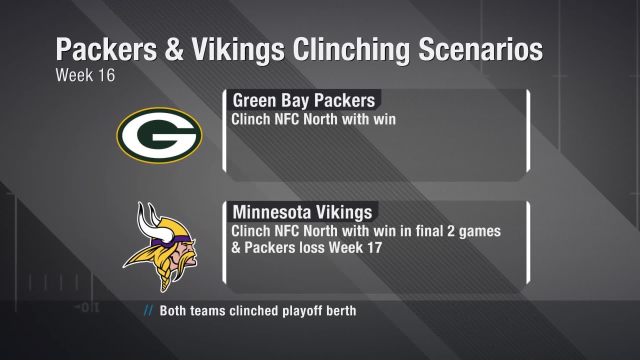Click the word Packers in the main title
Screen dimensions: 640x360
(x=106, y=49)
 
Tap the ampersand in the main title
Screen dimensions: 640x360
(x=174, y=49)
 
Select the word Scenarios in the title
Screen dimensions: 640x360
(x=480, y=49)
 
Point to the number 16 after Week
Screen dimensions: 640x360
(x=106, y=75)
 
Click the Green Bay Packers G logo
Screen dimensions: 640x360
(x=159, y=135)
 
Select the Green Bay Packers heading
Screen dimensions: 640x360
(x=303, y=100)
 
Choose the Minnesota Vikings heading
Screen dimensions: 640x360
(x=302, y=212)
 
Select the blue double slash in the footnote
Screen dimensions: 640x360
(x=148, y=310)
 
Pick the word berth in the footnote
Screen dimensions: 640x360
(x=345, y=310)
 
